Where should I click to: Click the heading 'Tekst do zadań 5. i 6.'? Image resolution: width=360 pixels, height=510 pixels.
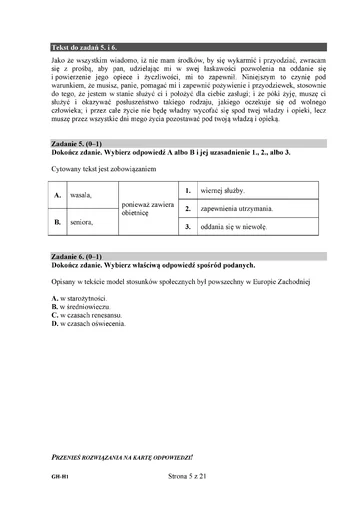point(84,47)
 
